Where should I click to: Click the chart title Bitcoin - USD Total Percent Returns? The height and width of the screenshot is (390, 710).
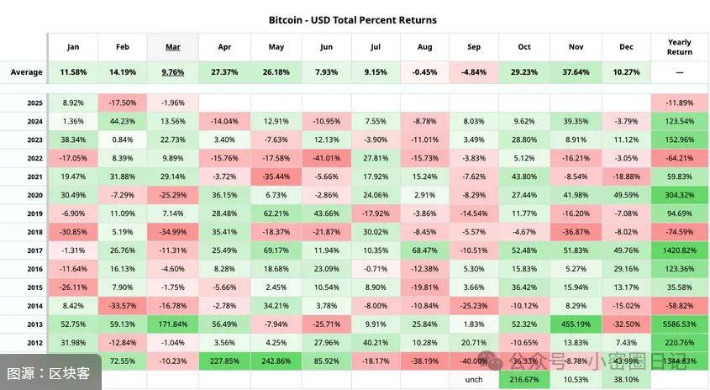[353, 19]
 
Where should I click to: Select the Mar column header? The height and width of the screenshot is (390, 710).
[172, 46]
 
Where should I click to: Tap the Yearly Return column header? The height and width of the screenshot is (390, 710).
[680, 46]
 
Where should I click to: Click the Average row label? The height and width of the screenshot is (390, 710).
[26, 72]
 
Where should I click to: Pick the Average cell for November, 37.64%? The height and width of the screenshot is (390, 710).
[576, 72]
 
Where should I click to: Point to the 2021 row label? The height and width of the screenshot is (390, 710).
[34, 177]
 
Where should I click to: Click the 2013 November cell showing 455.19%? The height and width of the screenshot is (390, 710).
[576, 324]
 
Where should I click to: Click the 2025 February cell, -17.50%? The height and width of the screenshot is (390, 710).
[123, 103]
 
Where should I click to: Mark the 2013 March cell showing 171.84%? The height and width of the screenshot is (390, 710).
[172, 324]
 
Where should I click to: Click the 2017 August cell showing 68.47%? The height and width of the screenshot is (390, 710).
[425, 250]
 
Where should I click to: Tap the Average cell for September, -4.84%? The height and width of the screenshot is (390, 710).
[474, 72]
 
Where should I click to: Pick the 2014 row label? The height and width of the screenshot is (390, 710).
[34, 305]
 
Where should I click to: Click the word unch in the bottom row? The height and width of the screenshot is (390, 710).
[474, 379]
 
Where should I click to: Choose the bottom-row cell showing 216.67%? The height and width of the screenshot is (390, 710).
[524, 379]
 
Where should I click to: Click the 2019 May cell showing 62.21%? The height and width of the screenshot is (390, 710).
[276, 213]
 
